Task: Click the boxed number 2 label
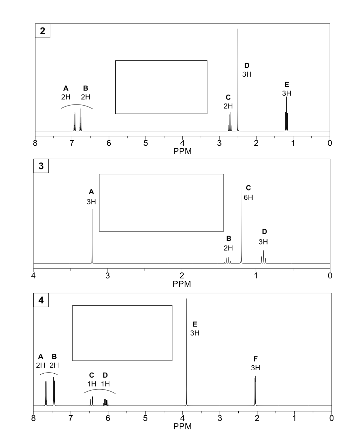tap(42, 31)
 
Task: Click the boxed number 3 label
tap(41, 166)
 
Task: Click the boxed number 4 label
tap(41, 300)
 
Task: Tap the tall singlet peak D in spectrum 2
tap(238, 80)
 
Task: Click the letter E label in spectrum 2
tap(287, 84)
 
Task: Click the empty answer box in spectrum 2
tap(161, 87)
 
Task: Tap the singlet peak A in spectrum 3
tap(92, 236)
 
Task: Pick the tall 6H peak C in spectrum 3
tap(241, 212)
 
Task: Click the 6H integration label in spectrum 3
tap(248, 197)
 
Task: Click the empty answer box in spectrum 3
tap(161, 202)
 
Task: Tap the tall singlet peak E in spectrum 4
tap(187, 352)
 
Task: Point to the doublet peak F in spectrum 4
tap(255, 392)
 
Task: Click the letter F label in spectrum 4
tap(255, 359)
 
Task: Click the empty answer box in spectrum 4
tap(122, 333)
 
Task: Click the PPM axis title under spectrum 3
tap(182, 284)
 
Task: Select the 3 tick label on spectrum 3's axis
tap(107, 276)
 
